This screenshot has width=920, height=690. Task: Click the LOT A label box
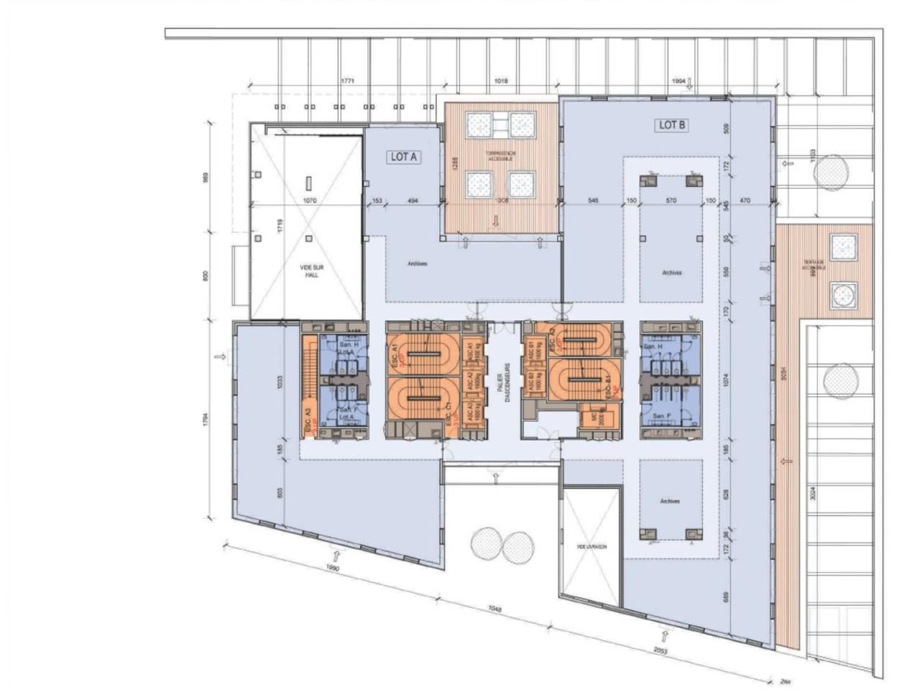coord(403,157)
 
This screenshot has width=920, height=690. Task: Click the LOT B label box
coord(673,125)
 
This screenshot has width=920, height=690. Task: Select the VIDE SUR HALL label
coord(310,271)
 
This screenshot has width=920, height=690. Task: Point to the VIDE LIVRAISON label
coord(592,547)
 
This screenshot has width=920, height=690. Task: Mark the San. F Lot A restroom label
coord(349,413)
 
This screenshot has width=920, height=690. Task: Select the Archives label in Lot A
coord(417,264)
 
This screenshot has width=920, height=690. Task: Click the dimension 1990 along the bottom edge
coord(332,568)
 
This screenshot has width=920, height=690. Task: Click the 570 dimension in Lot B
coord(671,201)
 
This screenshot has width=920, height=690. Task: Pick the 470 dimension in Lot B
coord(745,201)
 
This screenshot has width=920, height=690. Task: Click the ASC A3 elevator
coord(471,412)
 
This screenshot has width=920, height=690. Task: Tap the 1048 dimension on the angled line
coord(494,609)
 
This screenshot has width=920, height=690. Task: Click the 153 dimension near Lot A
coord(376,201)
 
